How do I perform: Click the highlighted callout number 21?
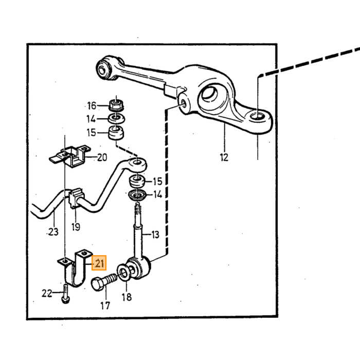[99, 263]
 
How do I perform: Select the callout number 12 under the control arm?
[224, 157]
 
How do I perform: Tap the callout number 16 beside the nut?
[92, 105]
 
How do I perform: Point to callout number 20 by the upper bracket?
[102, 157]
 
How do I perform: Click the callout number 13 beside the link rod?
[155, 235]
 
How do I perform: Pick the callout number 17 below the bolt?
[105, 305]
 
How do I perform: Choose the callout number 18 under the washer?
[127, 297]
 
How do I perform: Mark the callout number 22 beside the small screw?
[47, 293]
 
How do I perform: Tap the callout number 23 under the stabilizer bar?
[53, 232]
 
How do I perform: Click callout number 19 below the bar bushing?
[76, 227]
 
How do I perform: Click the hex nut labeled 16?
[116, 105]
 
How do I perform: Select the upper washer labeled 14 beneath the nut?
[117, 118]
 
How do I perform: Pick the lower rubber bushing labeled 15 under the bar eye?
[137, 182]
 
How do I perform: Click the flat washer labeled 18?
[124, 273]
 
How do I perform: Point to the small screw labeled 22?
[66, 294]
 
